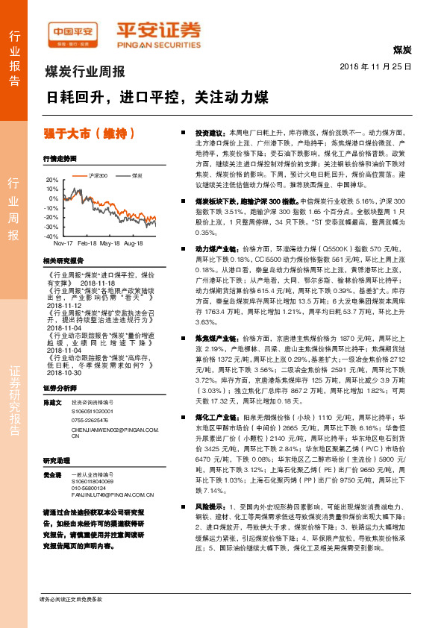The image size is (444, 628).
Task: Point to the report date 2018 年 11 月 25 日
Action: [x=380, y=67]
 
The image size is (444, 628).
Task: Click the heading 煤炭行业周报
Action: [x=85, y=73]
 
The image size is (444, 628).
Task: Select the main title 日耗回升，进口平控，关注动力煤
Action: [x=157, y=98]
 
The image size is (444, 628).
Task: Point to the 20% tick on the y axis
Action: [x=51, y=180]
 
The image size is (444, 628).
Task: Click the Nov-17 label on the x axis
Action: [x=64, y=243]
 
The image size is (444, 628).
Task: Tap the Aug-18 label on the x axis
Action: [x=134, y=243]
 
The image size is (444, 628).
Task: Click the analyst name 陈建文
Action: [x=52, y=402]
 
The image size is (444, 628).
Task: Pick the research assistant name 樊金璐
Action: [x=52, y=474]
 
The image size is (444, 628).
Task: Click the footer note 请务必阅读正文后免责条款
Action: [x=70, y=599]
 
